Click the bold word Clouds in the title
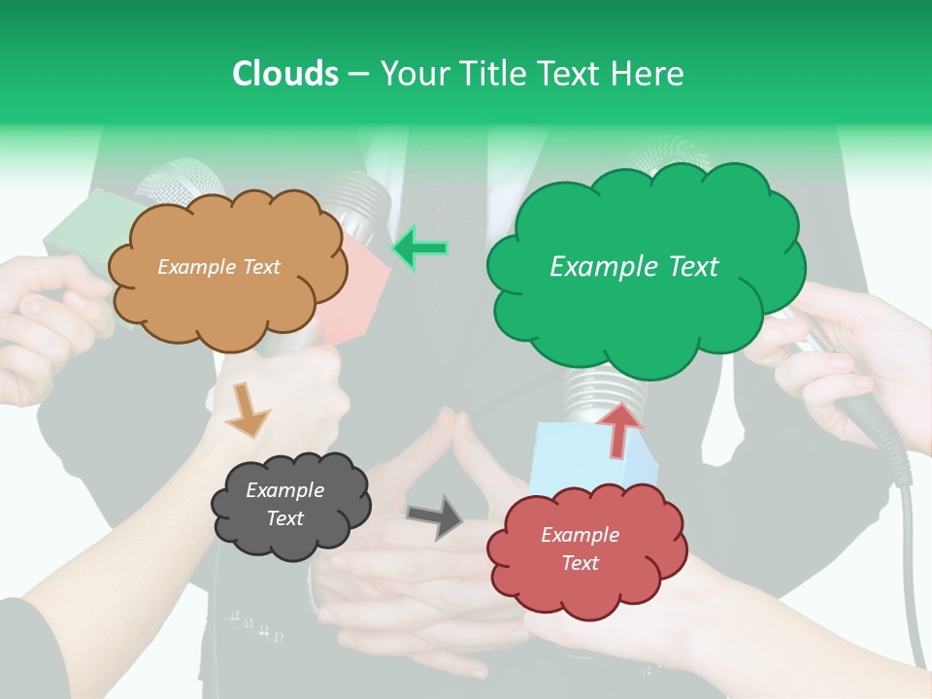[285, 74]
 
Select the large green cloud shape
[646, 311]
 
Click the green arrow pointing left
[420, 249]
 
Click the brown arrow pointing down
[247, 409]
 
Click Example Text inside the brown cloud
[219, 267]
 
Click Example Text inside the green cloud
[634, 267]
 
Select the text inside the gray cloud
[284, 505]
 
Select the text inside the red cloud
[580, 549]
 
